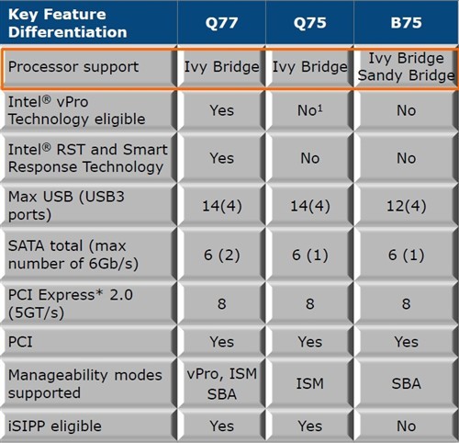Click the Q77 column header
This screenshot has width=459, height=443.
coord(221,23)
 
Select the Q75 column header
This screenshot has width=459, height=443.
coord(309,23)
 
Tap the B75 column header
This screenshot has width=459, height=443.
coord(406,23)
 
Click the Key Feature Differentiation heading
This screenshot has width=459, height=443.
coord(68,23)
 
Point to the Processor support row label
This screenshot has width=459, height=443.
coord(73,67)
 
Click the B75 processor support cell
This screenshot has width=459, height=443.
coord(406,67)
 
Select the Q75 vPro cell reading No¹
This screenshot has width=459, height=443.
coord(309,110)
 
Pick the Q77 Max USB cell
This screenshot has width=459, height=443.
coord(222,206)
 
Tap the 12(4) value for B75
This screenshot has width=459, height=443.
coord(406,206)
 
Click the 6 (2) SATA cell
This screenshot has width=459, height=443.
coord(222,255)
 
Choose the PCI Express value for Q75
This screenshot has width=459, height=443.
coord(309,304)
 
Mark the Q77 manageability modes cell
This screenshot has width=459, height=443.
coord(222,384)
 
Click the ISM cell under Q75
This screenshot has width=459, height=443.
coord(309,383)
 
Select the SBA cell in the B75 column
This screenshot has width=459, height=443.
coord(406,383)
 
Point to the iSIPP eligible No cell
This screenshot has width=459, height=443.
coord(406,426)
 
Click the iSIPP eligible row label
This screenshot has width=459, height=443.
coord(55,426)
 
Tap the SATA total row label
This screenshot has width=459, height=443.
coord(73,255)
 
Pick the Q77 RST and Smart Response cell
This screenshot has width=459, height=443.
coord(222,158)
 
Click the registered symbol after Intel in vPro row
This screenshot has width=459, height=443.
coord(46,99)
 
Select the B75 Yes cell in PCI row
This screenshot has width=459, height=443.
coord(406,342)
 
